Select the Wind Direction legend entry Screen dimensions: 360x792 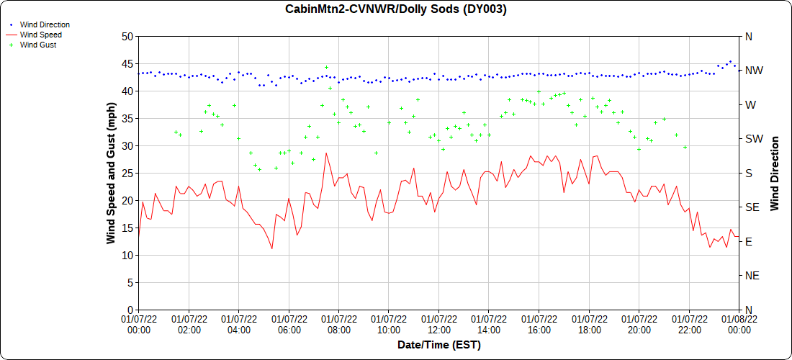(45, 24)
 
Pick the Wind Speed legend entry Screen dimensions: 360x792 (40, 35)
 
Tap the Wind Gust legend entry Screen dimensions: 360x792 (38, 45)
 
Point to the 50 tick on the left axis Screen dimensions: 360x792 (127, 36)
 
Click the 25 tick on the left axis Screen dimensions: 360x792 (127, 173)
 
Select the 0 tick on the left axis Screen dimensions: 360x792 (130, 310)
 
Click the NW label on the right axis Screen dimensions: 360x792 (753, 71)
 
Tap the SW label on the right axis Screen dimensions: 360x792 (753, 139)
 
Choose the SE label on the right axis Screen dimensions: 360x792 (752, 207)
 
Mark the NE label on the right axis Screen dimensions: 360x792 (752, 276)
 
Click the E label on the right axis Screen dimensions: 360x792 (748, 241)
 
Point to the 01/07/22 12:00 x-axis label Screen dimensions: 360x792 (439, 323)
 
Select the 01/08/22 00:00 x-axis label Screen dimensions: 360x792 (739, 323)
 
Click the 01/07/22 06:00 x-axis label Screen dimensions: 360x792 (289, 323)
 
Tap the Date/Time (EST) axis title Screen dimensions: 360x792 (439, 345)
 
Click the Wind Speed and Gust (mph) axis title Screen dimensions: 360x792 (111, 173)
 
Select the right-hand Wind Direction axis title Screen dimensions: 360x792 (775, 173)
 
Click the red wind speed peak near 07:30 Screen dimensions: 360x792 (326, 153)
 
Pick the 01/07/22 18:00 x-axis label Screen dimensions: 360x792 (589, 323)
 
